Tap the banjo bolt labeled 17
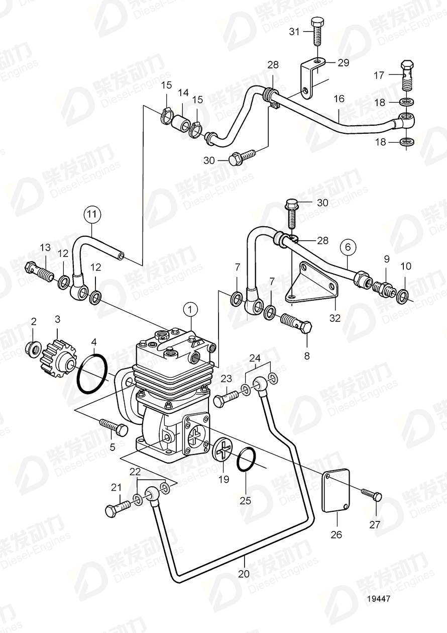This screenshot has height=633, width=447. [406, 75]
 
